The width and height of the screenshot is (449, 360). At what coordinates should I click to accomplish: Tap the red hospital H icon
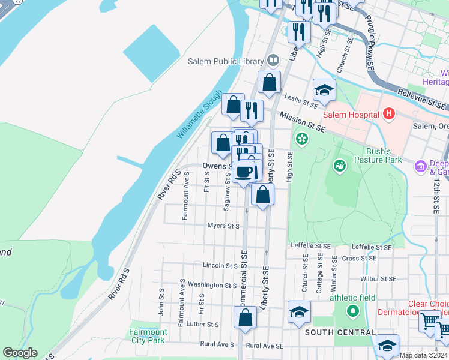coord(389,113)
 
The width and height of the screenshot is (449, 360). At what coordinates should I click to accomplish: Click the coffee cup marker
coord(244,172)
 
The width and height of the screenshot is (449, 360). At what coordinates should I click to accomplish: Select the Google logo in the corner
coord(20,353)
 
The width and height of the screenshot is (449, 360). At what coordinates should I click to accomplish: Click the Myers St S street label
coord(223,226)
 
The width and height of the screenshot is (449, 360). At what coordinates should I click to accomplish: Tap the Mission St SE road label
coord(302,128)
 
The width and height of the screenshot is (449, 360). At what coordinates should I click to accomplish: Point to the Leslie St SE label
coord(301,104)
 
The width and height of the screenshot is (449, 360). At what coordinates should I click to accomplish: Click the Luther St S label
coord(203,324)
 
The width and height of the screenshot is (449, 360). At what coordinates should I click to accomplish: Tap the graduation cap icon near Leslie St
coord(324,91)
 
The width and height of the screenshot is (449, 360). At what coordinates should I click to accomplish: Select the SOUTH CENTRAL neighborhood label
coord(340,332)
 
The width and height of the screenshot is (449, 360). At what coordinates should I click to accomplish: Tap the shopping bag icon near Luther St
coord(244,317)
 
